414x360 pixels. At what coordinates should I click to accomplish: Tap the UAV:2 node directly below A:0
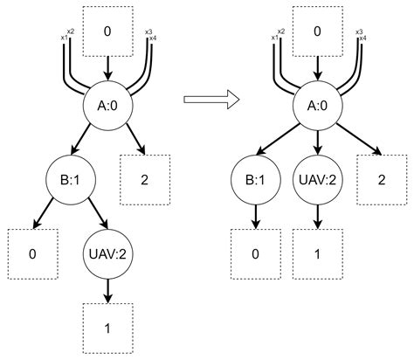[x=316, y=183]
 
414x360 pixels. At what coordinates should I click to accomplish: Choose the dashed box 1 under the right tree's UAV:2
[x=316, y=254]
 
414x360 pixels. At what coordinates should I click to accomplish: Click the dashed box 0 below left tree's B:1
[x=31, y=254]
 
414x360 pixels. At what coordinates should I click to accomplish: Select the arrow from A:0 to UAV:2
[x=316, y=146]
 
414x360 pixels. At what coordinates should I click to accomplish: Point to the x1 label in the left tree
[x=63, y=39]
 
